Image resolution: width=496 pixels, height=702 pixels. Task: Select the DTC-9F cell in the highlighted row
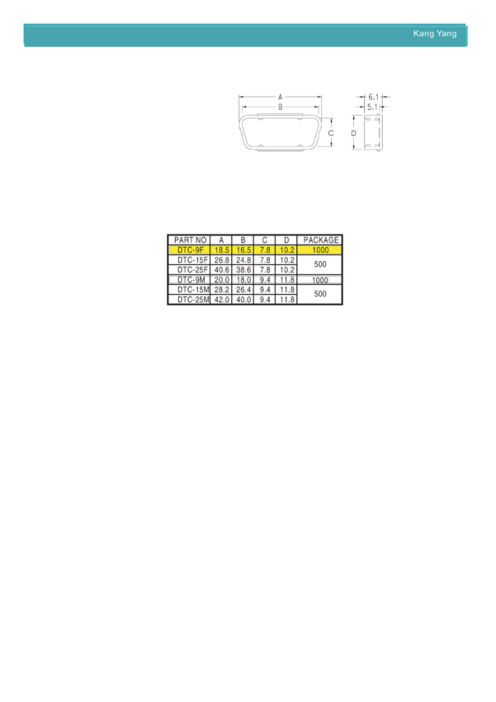coord(190,249)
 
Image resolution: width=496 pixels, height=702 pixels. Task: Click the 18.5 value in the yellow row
coord(221,249)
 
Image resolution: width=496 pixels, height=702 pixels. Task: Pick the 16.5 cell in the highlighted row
coord(243,249)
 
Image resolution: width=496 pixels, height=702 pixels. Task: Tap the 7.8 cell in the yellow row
coord(265,249)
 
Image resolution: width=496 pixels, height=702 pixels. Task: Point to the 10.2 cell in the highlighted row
coord(286,249)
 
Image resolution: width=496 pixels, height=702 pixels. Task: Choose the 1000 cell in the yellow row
coord(320,249)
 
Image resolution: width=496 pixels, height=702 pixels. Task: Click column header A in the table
coord(221,240)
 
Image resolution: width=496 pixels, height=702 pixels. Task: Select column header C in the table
coord(265,240)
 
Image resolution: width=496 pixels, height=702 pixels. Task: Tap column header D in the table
coord(286,240)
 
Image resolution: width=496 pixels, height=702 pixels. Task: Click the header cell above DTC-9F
coord(190,240)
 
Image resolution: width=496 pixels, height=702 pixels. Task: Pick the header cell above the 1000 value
coord(320,240)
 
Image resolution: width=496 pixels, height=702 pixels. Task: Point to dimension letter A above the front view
coord(281,97)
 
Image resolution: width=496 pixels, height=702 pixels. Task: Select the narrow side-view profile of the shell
coord(372,132)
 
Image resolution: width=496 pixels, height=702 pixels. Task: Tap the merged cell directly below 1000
coord(320,263)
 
